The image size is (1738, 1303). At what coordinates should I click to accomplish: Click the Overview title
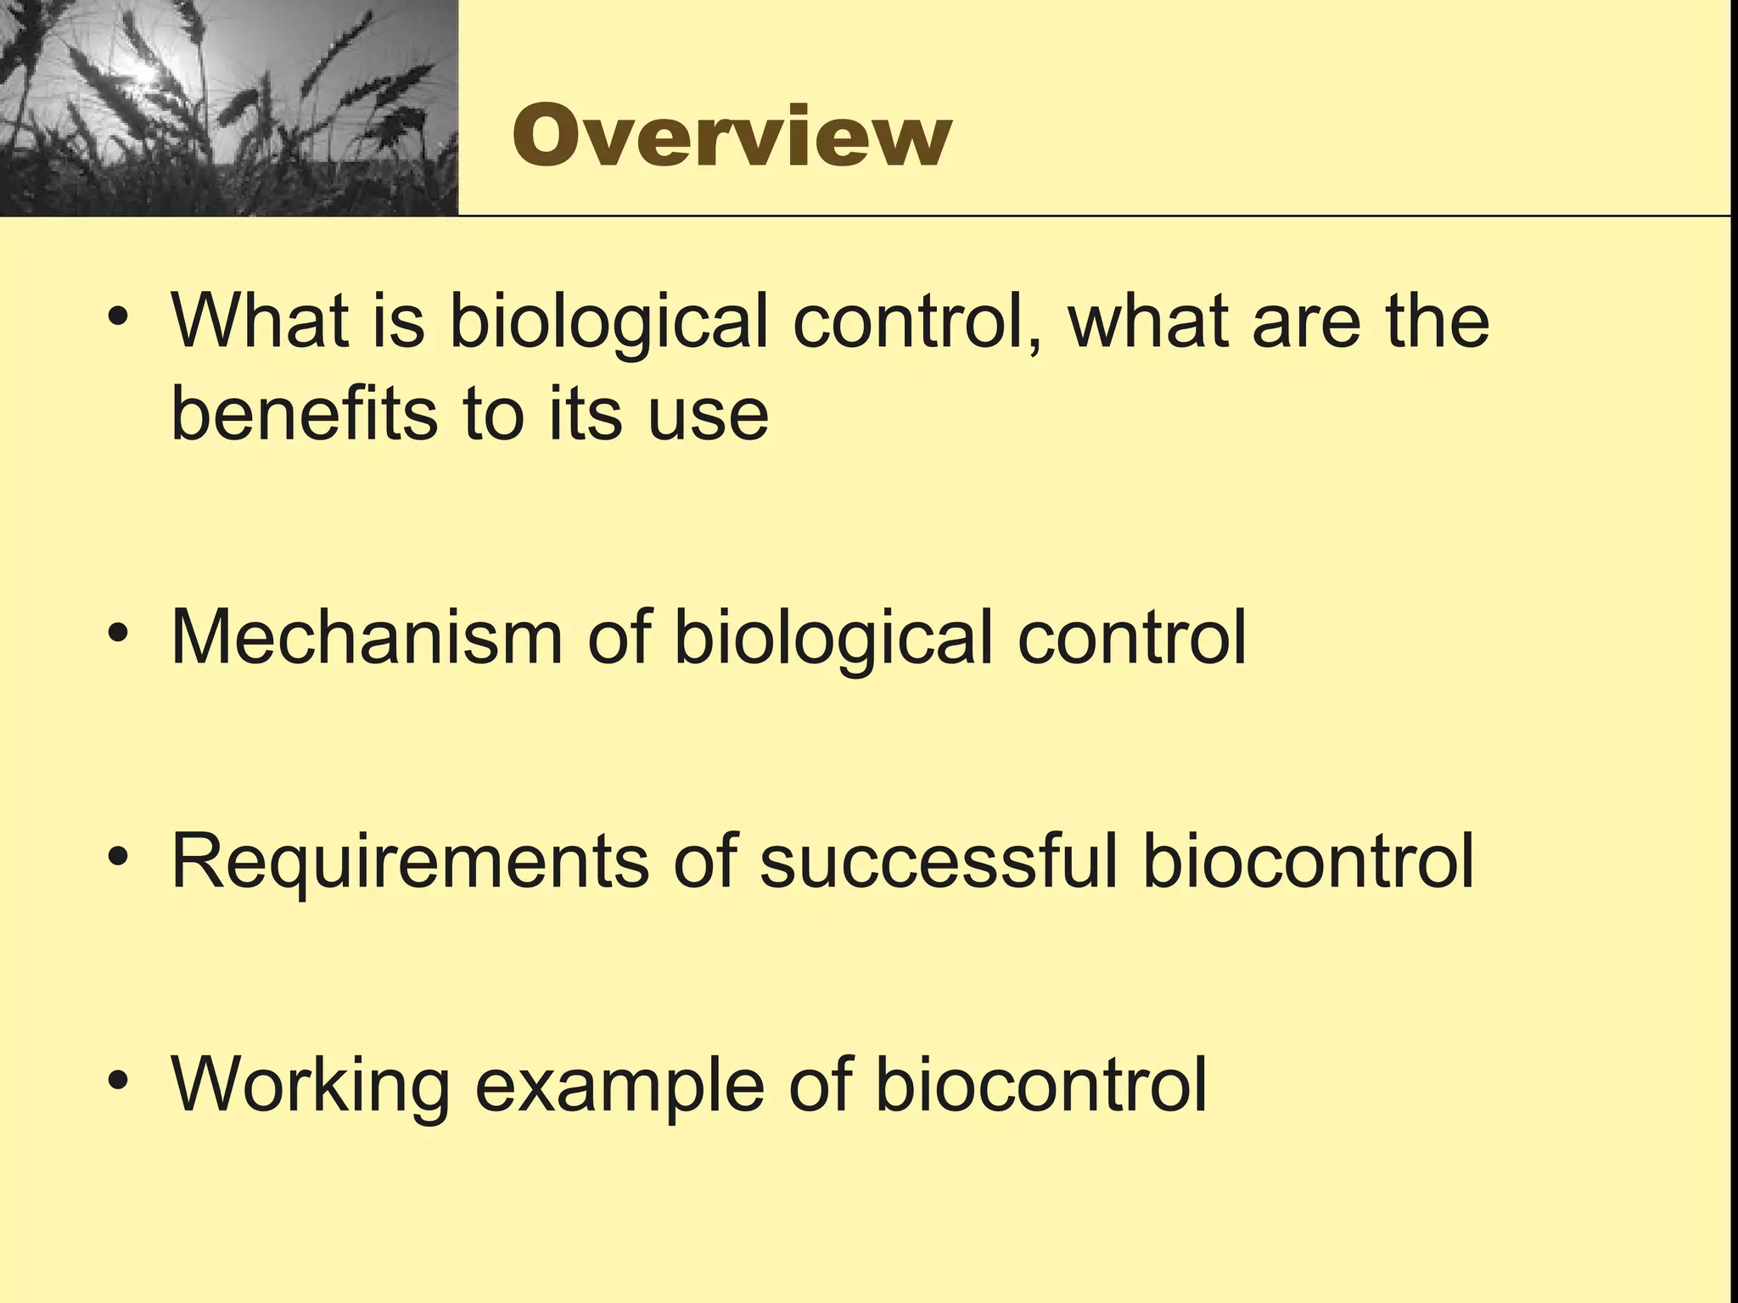click(x=732, y=137)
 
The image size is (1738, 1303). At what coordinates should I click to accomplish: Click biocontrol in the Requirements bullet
click(x=1308, y=861)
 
